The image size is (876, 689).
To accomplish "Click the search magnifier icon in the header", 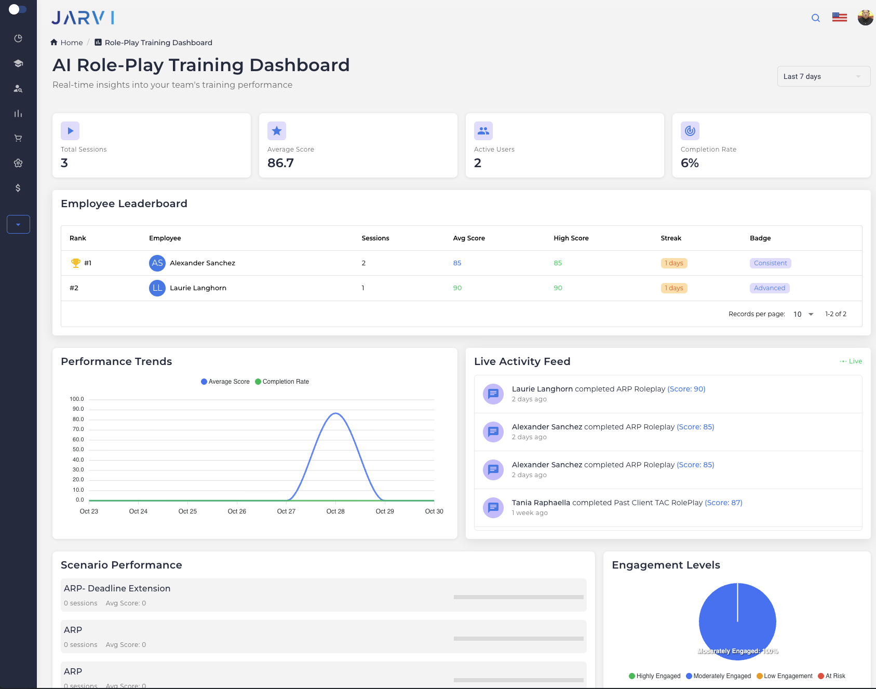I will pyautogui.click(x=816, y=18).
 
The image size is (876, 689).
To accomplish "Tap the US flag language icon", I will pyautogui.click(x=839, y=18).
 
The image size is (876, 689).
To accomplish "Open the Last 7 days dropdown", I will pyautogui.click(x=823, y=76).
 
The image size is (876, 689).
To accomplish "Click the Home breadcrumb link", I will pyautogui.click(x=71, y=43).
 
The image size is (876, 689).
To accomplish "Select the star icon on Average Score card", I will pyautogui.click(x=277, y=131).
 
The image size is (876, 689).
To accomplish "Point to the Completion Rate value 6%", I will pyautogui.click(x=690, y=163).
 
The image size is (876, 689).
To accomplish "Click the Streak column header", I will pyautogui.click(x=671, y=238).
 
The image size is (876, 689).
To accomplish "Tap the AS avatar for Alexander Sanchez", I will pyautogui.click(x=157, y=263).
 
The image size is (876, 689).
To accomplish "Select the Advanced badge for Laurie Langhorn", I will pyautogui.click(x=769, y=288).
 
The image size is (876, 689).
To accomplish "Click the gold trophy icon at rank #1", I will pyautogui.click(x=76, y=263).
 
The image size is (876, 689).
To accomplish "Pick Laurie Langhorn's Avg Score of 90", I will pyautogui.click(x=457, y=288).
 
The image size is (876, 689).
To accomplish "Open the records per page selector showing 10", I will pyautogui.click(x=803, y=314).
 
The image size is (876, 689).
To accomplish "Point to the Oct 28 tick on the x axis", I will pyautogui.click(x=335, y=511).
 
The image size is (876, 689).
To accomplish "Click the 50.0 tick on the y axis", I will pyautogui.click(x=78, y=450).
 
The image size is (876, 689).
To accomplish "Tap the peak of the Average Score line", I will pyautogui.click(x=336, y=413).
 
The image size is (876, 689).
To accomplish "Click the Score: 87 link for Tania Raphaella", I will pyautogui.click(x=723, y=503).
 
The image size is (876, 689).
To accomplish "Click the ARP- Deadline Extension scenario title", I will pyautogui.click(x=117, y=588).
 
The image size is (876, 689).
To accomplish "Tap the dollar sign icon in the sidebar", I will pyautogui.click(x=18, y=188).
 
